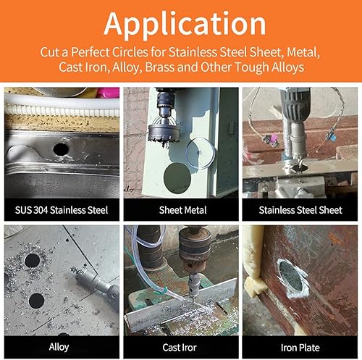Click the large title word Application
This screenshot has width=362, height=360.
tap(185, 24)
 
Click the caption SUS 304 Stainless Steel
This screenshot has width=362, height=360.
tap(62, 210)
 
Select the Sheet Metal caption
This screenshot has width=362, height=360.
tap(182, 210)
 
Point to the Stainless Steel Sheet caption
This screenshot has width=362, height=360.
tap(300, 210)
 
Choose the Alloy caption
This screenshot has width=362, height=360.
tap(59, 347)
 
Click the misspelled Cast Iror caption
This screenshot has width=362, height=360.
tap(180, 348)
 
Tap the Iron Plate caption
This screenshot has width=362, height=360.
tap(300, 348)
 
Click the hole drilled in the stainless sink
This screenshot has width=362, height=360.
tap(61, 149)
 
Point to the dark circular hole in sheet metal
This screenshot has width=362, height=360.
tap(177, 177)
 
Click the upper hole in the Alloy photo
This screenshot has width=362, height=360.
tap(33, 261)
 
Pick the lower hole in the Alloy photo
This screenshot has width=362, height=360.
tap(36, 301)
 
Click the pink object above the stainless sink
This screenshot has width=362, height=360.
tap(108, 93)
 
